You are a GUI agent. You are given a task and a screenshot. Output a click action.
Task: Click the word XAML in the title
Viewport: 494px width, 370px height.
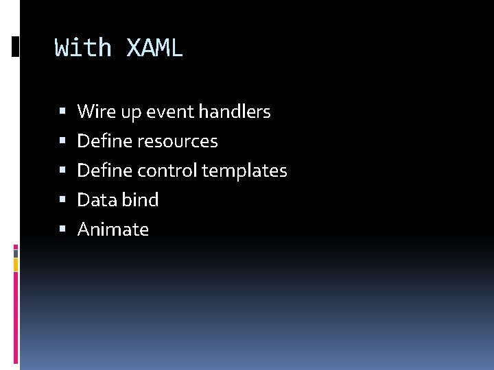pyautogui.click(x=155, y=48)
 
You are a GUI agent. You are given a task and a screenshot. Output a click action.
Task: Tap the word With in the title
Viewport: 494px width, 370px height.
pyautogui.click(x=83, y=48)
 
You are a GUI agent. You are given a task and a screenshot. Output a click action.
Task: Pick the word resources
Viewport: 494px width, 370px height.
pyautogui.click(x=178, y=141)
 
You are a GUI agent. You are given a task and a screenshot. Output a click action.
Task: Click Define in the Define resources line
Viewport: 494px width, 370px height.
pyautogui.click(x=105, y=141)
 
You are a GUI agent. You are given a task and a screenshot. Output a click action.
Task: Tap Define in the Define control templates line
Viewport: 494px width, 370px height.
pyautogui.click(x=105, y=171)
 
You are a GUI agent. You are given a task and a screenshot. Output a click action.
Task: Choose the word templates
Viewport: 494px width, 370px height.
pyautogui.click(x=244, y=171)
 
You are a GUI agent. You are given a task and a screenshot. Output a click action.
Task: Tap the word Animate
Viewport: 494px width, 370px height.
pyautogui.click(x=113, y=230)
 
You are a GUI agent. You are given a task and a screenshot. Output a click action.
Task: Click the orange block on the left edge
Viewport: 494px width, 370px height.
pyautogui.click(x=16, y=264)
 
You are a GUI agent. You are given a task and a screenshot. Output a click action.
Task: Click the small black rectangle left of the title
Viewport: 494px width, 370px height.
pyautogui.click(x=16, y=47)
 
